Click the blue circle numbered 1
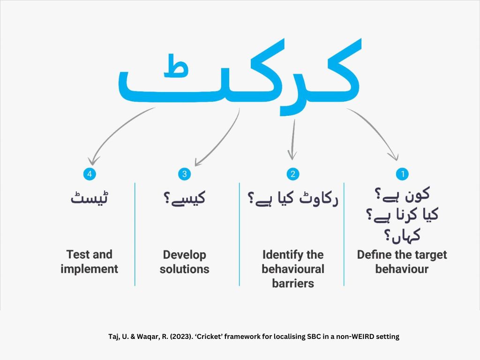402,174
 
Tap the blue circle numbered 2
292,174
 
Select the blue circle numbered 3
184,174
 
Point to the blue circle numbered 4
89,174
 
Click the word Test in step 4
78,255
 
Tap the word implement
89,269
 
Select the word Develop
184,255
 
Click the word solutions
184,269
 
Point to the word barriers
292,283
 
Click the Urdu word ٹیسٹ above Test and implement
89,198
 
